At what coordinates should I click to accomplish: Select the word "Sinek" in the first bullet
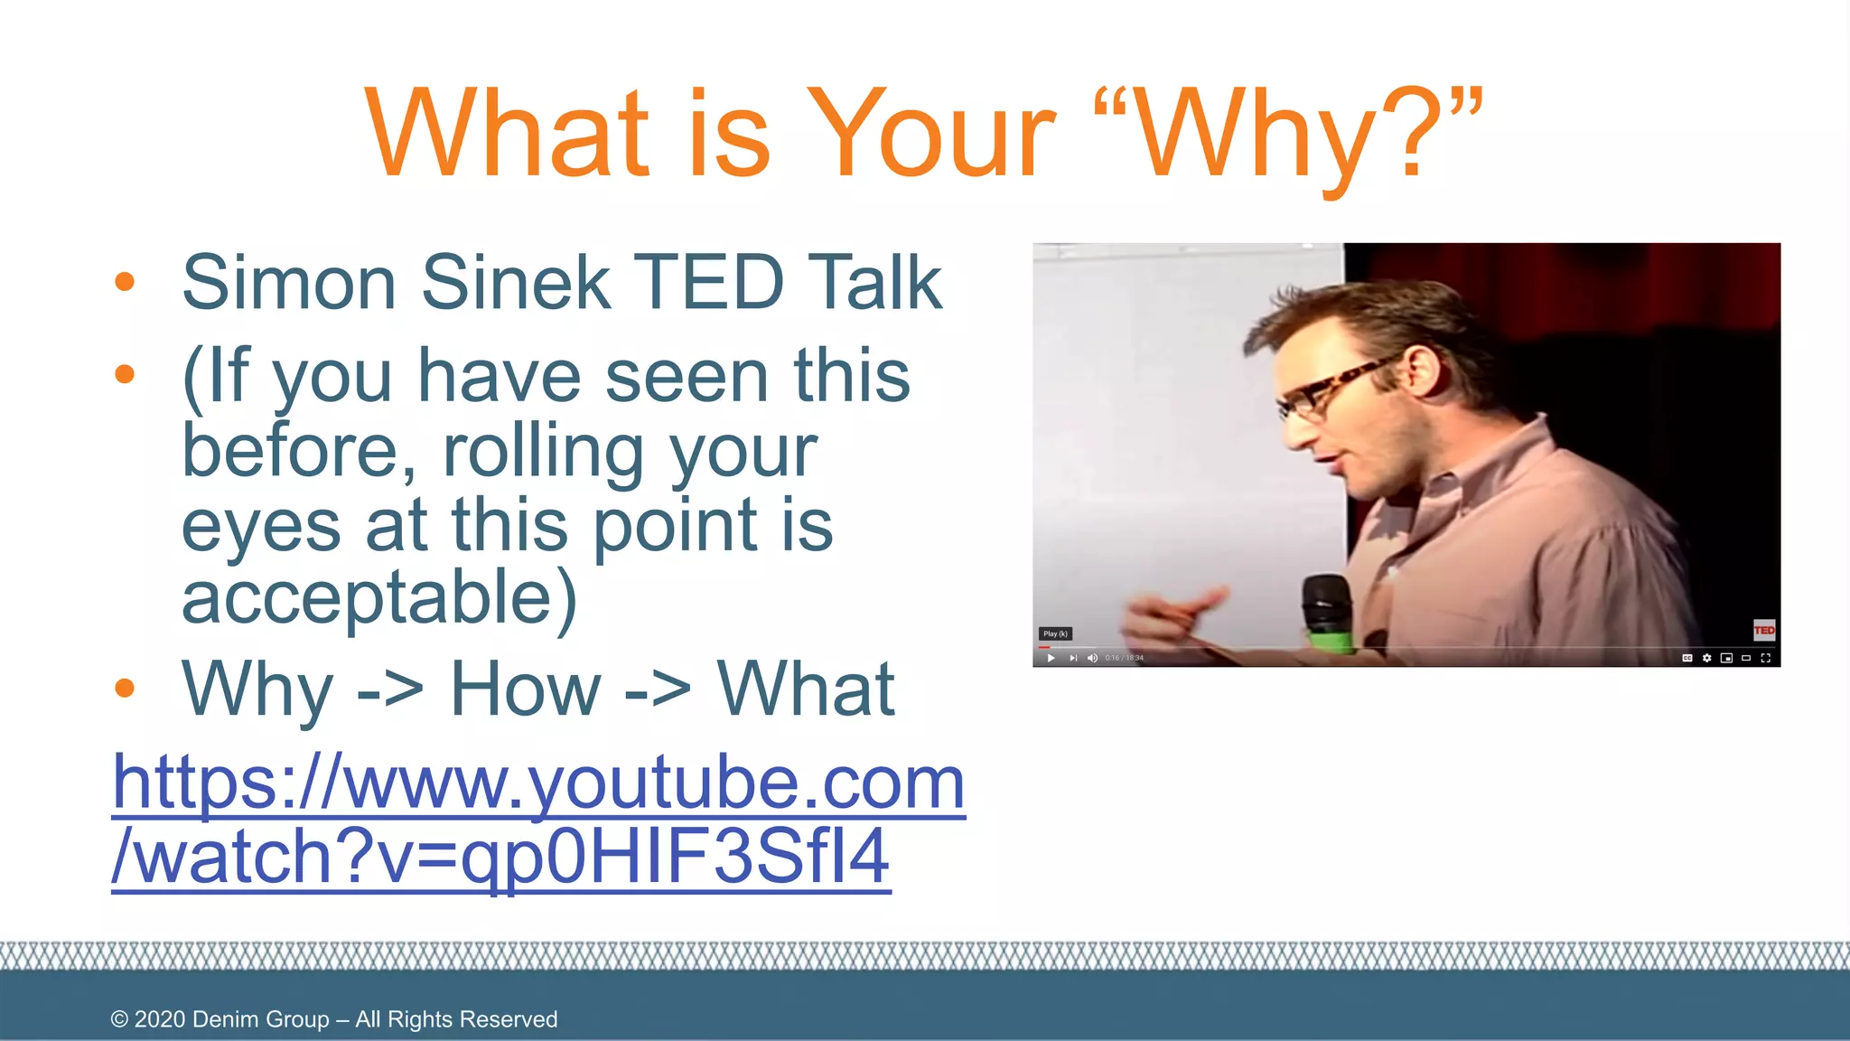tap(516, 282)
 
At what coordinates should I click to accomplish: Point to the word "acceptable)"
tap(379, 598)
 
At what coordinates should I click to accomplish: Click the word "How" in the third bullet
tap(525, 689)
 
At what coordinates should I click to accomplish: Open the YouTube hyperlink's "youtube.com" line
tap(538, 783)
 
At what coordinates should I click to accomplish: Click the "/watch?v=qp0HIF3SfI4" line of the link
tap(501, 857)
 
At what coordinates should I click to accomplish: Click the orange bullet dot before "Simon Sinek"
tap(125, 282)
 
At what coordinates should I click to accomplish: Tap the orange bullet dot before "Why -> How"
tap(125, 689)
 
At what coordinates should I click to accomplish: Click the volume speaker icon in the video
tap(1092, 658)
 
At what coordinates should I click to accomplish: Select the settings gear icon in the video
tap(1706, 658)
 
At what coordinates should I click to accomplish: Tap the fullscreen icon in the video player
tap(1766, 658)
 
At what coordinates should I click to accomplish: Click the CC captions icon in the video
tap(1686, 658)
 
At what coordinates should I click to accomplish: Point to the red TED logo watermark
tap(1763, 630)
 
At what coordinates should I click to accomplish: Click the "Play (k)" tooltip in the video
tap(1055, 633)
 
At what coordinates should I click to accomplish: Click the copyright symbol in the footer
tap(119, 1019)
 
